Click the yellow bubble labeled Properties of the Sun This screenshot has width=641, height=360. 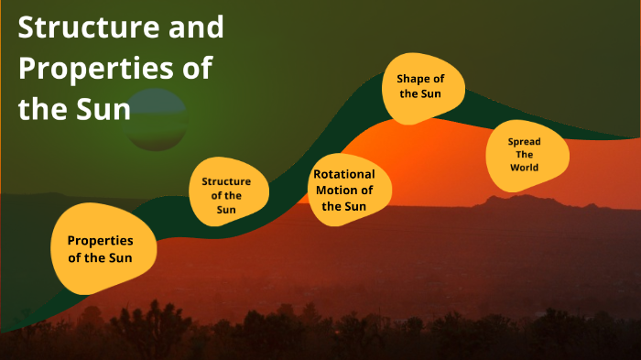point(100,248)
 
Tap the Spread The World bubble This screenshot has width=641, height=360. point(527,154)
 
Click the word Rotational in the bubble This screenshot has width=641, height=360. point(344,174)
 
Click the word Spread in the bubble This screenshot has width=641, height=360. point(525,141)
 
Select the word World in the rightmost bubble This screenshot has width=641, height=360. point(525,168)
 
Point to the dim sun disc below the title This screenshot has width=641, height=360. point(155,120)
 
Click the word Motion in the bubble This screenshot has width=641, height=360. point(334,191)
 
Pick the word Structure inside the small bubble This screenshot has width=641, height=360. point(226,181)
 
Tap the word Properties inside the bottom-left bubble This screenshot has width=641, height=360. point(100,240)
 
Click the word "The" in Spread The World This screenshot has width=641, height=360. point(525,155)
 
